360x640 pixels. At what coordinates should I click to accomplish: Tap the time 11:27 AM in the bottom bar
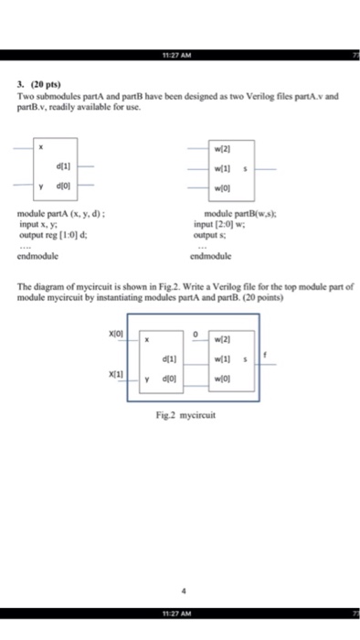(181, 610)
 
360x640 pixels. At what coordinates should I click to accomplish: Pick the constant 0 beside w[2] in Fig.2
(196, 333)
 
